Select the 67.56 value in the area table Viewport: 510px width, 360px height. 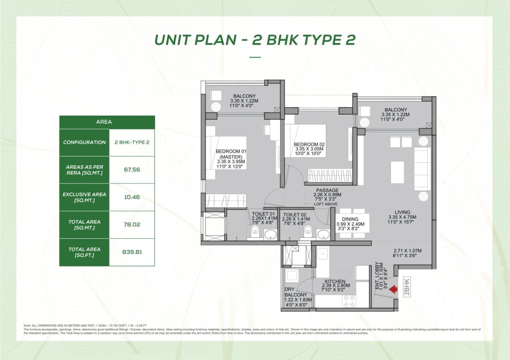coord(132,170)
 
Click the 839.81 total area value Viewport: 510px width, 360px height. coord(132,252)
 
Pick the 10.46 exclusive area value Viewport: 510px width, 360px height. coord(132,197)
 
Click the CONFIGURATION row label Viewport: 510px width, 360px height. coord(85,142)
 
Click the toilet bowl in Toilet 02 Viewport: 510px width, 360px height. coord(308,230)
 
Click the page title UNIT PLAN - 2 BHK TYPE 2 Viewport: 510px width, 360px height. coord(255,40)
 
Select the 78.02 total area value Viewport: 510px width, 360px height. coord(132,225)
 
